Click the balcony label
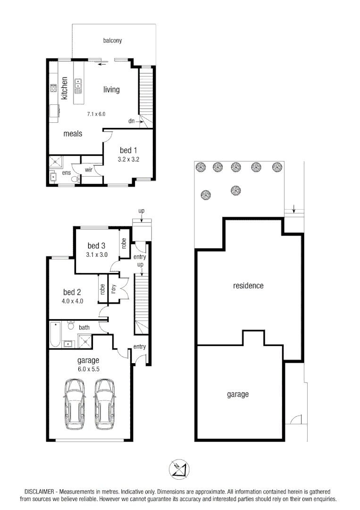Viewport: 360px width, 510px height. pos(112,41)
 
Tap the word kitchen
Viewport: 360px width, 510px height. pos(64,88)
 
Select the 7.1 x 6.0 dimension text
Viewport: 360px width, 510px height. pos(96,114)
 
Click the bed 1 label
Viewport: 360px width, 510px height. pos(128,150)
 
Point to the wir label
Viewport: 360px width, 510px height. pos(88,170)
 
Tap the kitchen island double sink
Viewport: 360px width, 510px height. pos(78,86)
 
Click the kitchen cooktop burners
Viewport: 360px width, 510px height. pos(53,88)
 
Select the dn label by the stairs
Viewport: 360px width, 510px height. pos(131,121)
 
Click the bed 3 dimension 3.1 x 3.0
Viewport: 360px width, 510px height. pos(97,255)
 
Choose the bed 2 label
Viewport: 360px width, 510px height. pos(72,292)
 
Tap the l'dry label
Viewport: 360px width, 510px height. pos(113,289)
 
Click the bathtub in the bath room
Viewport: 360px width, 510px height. pos(55,334)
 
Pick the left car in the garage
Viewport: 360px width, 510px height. pos(75,404)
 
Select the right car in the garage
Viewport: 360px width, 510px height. pos(105,404)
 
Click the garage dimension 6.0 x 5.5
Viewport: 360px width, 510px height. pos(88,369)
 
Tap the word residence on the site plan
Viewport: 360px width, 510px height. pos(248,286)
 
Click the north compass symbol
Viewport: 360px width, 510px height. pos(179,469)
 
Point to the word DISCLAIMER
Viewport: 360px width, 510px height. pos(39,492)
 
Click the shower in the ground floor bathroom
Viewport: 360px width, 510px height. pos(85,341)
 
